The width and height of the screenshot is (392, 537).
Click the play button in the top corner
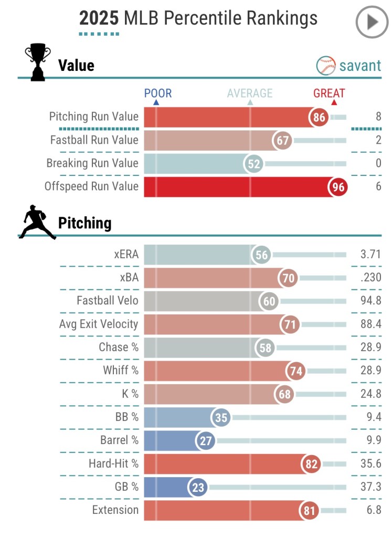[372, 22]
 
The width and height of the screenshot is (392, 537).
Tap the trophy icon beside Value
[38, 62]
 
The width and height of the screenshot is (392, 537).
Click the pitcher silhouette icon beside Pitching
[37, 224]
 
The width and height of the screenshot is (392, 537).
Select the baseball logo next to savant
[325, 66]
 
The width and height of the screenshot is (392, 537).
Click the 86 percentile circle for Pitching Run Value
[319, 117]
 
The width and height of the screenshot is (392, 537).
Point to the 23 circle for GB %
[198, 487]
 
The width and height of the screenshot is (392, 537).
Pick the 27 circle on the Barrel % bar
[205, 440]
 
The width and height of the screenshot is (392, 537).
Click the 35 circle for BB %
[221, 417]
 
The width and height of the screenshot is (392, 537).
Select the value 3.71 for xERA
[370, 255]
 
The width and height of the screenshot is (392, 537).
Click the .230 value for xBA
[371, 278]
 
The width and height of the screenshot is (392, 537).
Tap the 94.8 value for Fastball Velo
[371, 301]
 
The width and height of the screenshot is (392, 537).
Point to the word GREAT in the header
[329, 93]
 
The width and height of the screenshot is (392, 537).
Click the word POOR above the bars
[158, 93]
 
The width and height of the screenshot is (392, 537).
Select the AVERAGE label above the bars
[250, 93]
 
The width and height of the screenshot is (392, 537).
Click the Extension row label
[115, 510]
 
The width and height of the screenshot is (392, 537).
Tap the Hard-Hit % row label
[113, 464]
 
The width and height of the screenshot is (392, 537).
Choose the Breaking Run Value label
[92, 163]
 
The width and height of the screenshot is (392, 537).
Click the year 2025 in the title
[99, 18]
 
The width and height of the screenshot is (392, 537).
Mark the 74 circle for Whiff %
[296, 371]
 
